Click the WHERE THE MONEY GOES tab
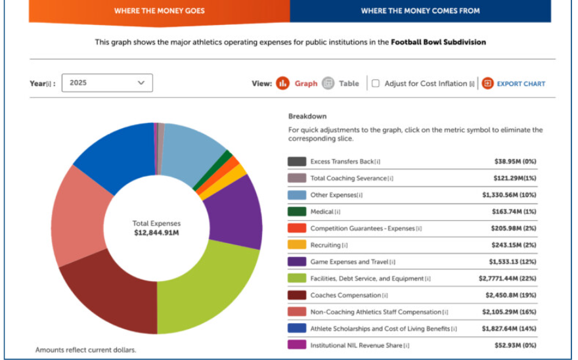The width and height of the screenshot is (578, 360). pos(159,11)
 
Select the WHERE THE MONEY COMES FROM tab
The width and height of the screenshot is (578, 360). pos(420,11)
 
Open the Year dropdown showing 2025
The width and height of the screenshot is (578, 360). pos(107,83)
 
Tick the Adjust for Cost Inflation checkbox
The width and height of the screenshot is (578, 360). pos(376,83)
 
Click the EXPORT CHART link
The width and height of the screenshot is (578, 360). pos(521,83)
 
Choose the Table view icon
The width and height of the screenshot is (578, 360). pos(328,83)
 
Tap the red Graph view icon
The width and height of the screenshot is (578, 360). pos(282,83)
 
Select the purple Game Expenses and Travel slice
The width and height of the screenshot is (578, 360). pos(236,214)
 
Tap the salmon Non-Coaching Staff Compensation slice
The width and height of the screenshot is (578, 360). pos(78,217)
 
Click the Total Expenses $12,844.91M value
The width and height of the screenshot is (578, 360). pos(157,233)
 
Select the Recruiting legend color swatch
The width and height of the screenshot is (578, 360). pos(297,245)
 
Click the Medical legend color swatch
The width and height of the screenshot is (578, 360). pos(297,212)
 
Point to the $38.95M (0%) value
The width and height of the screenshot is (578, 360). pos(516,161)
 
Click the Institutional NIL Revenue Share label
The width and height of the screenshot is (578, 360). pos(356,346)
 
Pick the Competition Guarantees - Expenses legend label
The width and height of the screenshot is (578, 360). pos(363,229)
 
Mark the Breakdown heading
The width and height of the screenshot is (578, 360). pos(307,116)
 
